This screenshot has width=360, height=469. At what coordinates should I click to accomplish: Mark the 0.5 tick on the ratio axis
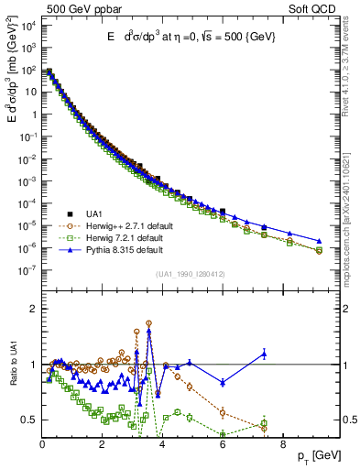pyautogui.click(x=27, y=420)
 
